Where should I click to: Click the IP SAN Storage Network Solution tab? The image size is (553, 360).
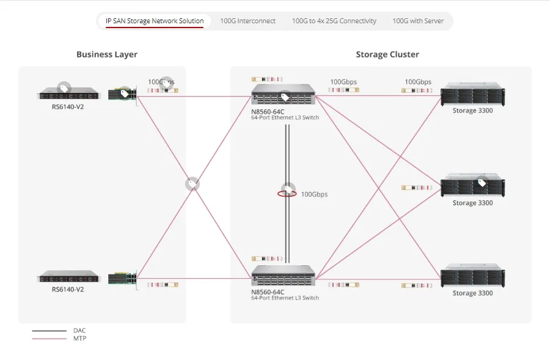point(155,21)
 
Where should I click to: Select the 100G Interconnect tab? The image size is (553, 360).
point(247,21)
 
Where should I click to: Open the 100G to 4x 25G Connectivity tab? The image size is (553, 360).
point(334,21)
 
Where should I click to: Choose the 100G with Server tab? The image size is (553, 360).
point(418,21)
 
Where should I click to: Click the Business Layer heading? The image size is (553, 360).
point(107,54)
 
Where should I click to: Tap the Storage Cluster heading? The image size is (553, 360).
point(387,54)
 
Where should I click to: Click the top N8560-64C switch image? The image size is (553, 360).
point(284,95)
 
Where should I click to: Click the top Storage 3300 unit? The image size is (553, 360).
point(472,95)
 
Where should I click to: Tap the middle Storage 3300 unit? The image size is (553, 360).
point(472,186)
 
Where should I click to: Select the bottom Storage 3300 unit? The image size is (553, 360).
point(472,276)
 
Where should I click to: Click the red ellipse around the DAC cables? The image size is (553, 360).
point(287,194)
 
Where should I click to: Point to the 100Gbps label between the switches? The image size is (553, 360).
point(314,194)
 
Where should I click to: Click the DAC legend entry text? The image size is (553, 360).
point(79,331)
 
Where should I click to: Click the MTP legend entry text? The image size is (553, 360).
point(79,339)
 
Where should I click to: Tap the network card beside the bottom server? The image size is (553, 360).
point(122,279)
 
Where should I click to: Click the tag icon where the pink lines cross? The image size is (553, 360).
point(192,183)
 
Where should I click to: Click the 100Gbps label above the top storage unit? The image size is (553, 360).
point(418,82)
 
